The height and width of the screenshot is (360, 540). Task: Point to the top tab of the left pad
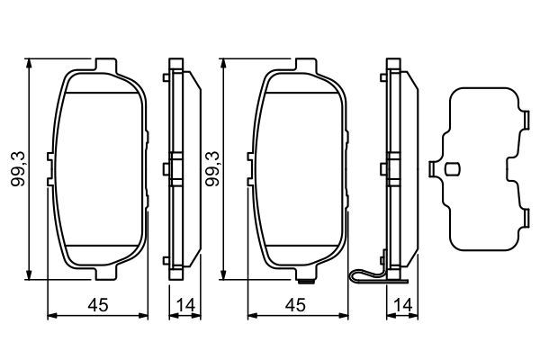click(106, 65)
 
